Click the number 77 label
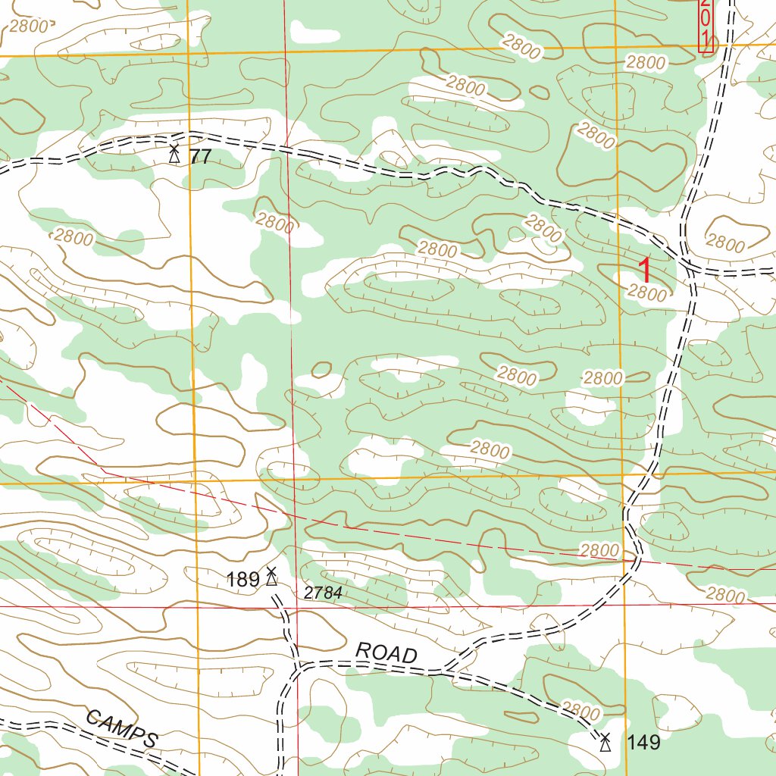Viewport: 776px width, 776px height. pos(200,158)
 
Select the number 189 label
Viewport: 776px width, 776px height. pos(242,580)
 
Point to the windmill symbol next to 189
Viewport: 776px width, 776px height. pos(271,577)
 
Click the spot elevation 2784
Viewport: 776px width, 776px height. pos(324,593)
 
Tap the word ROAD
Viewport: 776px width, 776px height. pos(386,652)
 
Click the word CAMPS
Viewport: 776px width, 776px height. pos(122,729)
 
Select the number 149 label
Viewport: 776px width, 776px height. pos(643,743)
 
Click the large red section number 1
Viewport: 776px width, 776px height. pos(644,271)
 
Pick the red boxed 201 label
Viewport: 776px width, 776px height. pos(706,26)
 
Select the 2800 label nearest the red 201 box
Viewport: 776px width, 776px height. pos(646,63)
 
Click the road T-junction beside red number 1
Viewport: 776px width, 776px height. pos(689,265)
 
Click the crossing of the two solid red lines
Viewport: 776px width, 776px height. pos(294,607)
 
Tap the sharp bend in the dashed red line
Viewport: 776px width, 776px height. pos(105,472)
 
